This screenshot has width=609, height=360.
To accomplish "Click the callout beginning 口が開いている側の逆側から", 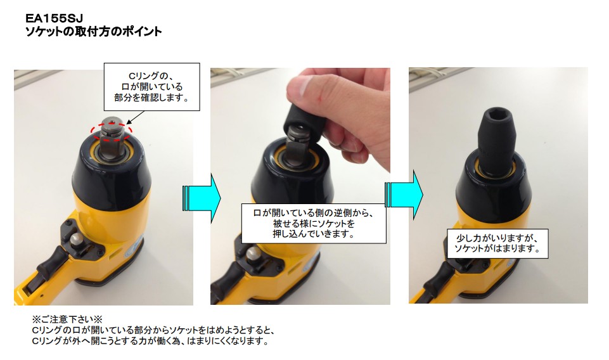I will [x=314, y=222].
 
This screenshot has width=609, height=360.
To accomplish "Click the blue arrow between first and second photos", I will [x=201, y=196].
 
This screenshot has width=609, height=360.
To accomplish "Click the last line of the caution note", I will [x=150, y=342].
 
